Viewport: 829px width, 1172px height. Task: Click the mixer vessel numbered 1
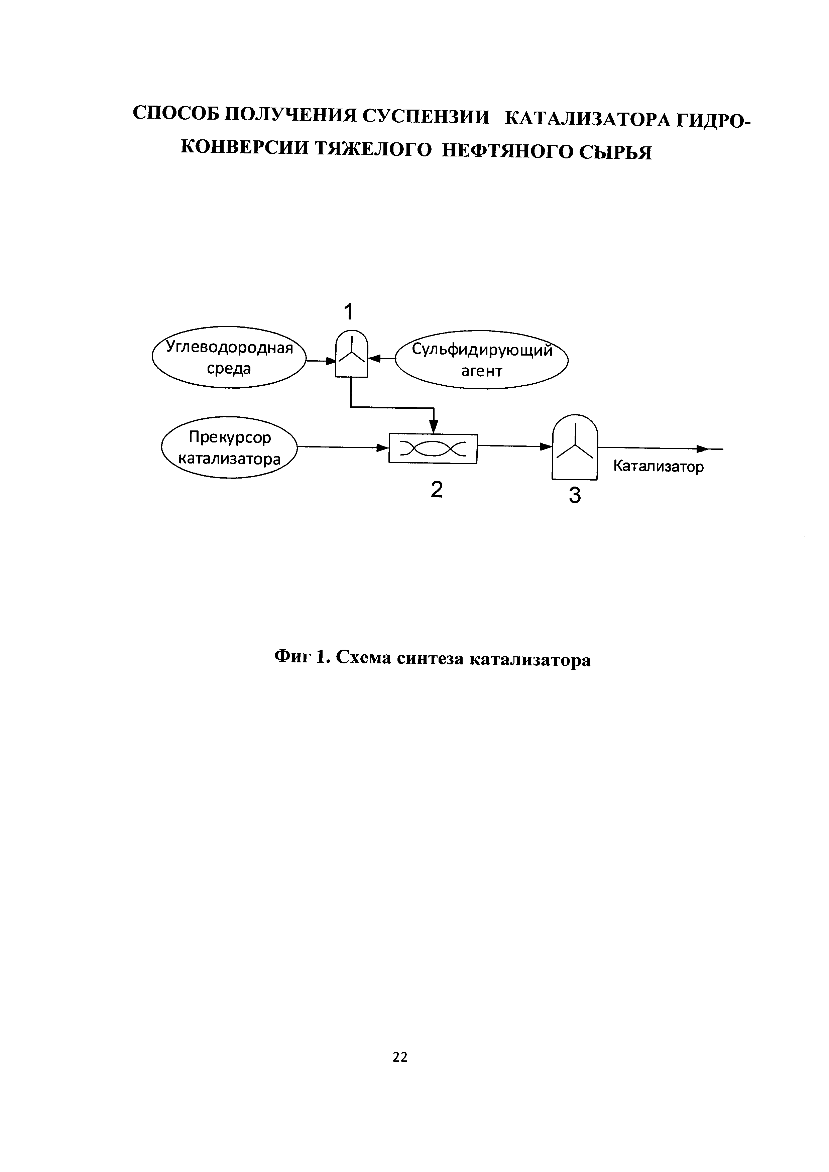point(351,354)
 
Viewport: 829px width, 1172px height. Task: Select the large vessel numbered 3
point(574,447)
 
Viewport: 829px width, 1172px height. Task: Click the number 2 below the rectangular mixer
point(437,490)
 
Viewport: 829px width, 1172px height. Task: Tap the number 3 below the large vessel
point(575,496)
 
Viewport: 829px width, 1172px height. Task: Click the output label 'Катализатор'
point(658,467)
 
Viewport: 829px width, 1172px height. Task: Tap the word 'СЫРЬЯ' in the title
point(616,152)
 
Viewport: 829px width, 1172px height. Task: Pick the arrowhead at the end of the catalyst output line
point(703,449)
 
